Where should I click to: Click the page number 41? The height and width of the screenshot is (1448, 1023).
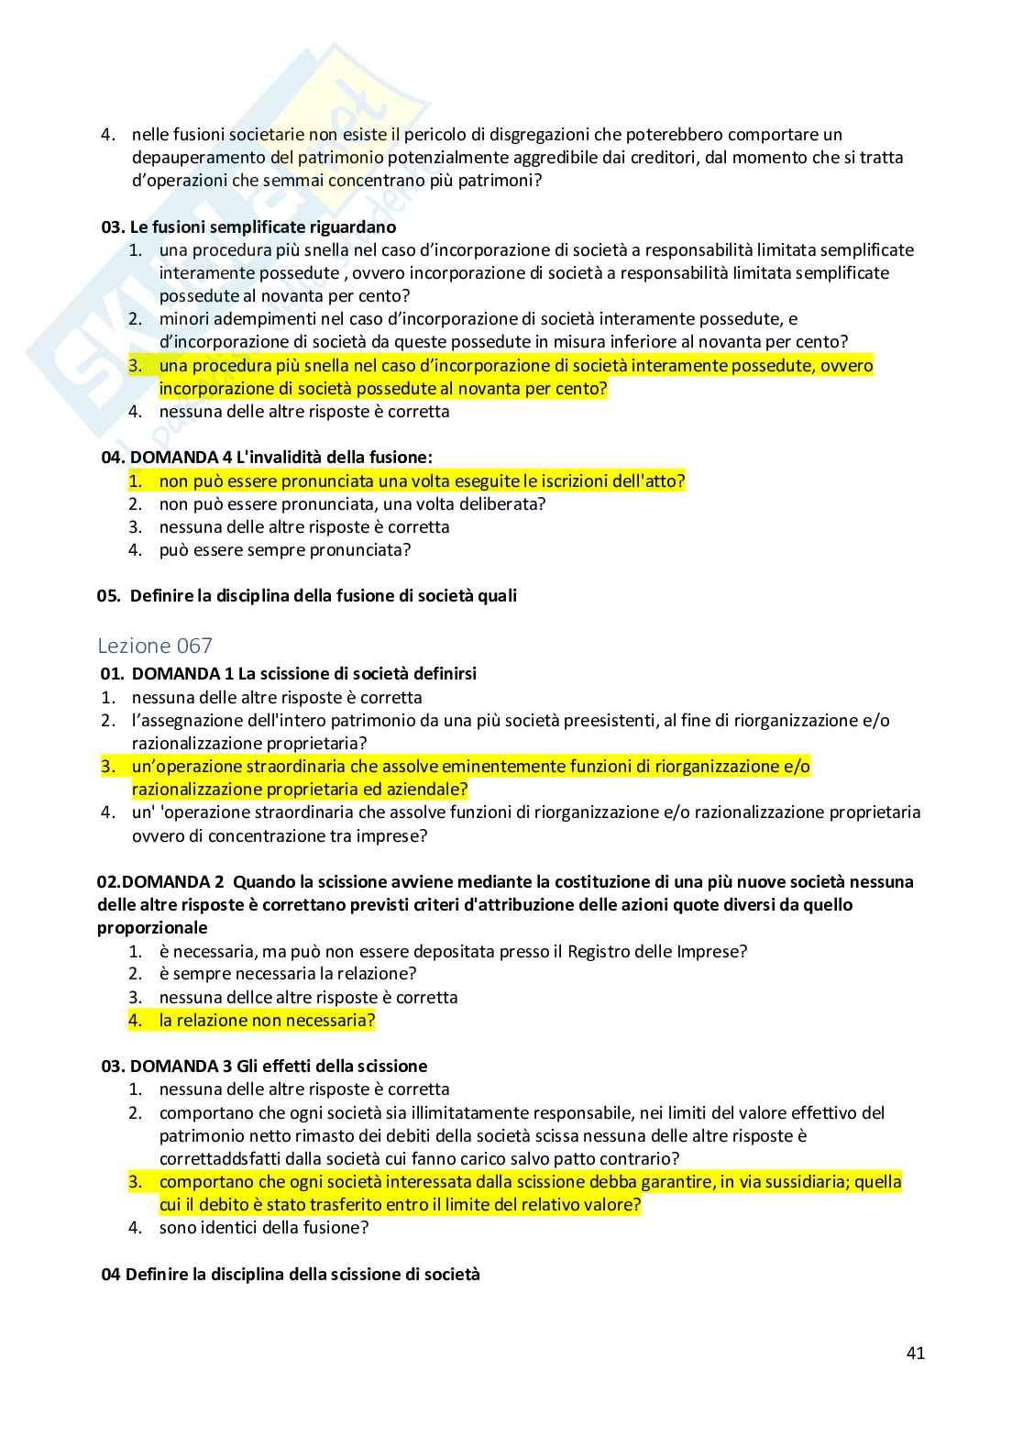pos(915,1353)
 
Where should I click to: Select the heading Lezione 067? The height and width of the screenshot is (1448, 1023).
pos(154,646)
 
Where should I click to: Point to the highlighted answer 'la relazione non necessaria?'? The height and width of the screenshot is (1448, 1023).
pos(267,1020)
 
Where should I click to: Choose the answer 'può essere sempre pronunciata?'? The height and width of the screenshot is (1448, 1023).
pos(284,549)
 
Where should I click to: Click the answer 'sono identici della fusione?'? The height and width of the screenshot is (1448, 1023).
pos(263,1227)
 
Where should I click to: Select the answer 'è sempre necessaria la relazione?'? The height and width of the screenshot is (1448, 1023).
pos(287,973)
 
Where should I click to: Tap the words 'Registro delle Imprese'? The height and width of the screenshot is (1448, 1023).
pos(653,951)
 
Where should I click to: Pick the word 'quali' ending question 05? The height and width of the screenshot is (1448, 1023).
pos(496,595)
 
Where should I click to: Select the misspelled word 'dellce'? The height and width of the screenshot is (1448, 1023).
pos(239,997)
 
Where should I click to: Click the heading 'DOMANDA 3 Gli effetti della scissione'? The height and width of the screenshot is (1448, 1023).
pos(278,1066)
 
